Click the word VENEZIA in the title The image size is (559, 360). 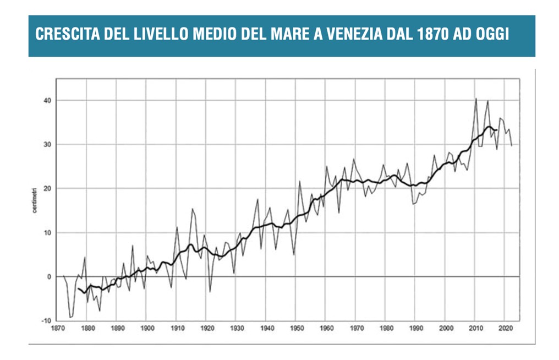(355, 34)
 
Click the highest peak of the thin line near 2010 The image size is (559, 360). (476, 99)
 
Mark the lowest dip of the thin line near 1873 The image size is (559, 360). (70, 318)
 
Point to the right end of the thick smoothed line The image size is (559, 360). (497, 130)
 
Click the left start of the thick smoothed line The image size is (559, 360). (78, 288)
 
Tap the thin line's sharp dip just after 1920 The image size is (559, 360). (210, 292)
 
